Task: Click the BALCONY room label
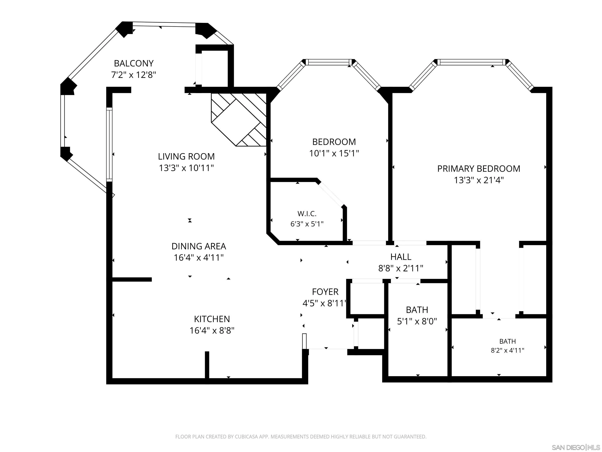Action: [134, 63]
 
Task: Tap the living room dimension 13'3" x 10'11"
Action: [186, 168]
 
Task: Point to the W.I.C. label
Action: [307, 214]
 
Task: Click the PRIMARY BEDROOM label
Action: [479, 169]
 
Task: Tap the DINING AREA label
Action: [199, 246]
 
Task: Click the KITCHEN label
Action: [212, 319]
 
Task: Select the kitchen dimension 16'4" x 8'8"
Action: [212, 330]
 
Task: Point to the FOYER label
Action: [325, 292]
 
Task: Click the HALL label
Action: [401, 257]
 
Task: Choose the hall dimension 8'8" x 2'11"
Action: [401, 268]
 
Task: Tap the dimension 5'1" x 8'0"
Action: [417, 321]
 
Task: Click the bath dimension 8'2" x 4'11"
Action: [508, 350]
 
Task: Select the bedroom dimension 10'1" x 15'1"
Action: [334, 153]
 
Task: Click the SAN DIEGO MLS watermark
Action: [576, 447]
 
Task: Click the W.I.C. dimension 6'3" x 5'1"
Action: [307, 224]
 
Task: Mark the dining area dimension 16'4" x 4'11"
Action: [199, 257]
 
